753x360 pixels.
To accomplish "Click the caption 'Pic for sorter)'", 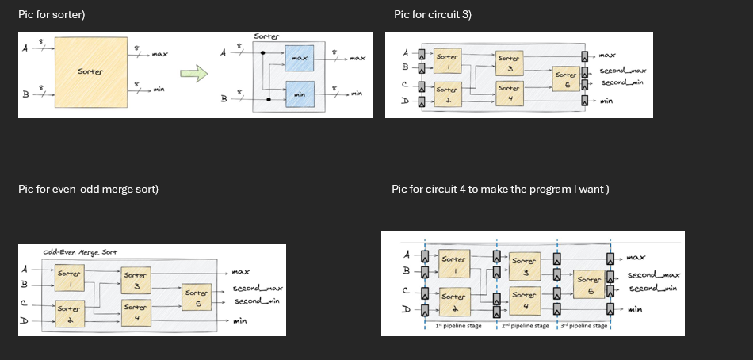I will click(52, 15).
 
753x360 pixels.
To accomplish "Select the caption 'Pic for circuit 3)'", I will click(432, 15).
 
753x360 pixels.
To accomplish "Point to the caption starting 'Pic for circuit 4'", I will click(499, 189).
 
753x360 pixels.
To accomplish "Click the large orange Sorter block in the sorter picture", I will click(90, 72).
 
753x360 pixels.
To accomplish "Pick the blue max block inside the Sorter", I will click(299, 59).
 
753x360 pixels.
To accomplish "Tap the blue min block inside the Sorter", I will click(299, 94).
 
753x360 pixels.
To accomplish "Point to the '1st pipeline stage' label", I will click(458, 326).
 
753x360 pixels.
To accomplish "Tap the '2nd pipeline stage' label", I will click(525, 326).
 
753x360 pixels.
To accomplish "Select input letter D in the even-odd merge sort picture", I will click(24, 321).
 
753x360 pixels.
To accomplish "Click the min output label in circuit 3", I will click(606, 101).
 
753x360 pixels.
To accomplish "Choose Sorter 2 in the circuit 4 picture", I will click(453, 301).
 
